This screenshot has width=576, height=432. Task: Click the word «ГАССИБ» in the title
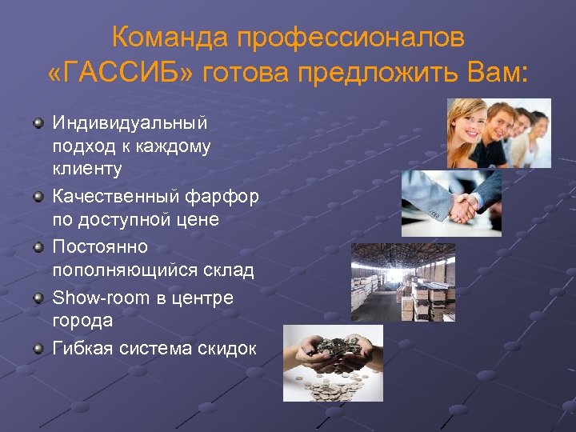tap(119, 75)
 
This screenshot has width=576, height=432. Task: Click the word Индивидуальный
tap(130, 123)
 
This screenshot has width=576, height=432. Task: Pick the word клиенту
tap(87, 169)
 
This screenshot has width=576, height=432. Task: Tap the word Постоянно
tap(99, 247)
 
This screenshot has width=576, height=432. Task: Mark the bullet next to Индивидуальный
tap(38, 122)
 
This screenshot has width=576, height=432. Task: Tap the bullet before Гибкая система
tap(38, 347)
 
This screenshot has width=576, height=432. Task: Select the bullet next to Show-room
tap(38, 298)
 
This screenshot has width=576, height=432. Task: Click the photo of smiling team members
tap(498, 133)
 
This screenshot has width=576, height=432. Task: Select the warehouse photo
tap(402, 282)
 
